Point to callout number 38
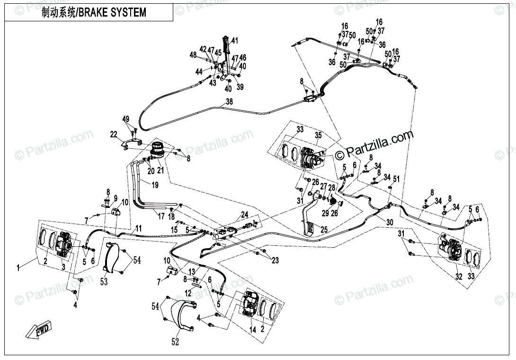(x=229, y=102)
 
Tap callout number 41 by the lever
(x=235, y=40)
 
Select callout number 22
(x=114, y=135)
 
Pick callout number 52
(x=175, y=342)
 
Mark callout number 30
(x=390, y=222)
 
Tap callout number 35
(x=318, y=135)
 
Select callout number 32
(x=458, y=277)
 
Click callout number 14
(x=253, y=330)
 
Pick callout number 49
(x=125, y=119)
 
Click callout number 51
(x=397, y=179)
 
